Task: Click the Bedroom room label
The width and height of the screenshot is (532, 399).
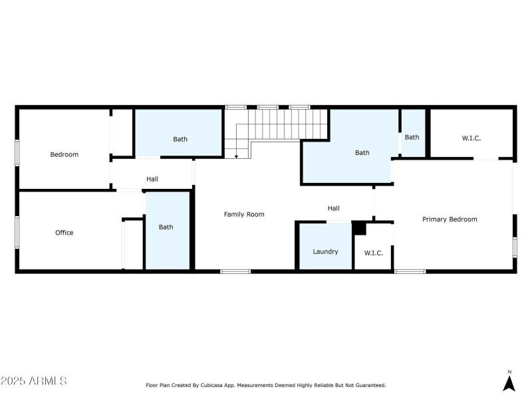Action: coord(64,155)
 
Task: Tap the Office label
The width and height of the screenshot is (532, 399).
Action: coord(64,233)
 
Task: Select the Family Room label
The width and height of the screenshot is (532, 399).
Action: coord(244,214)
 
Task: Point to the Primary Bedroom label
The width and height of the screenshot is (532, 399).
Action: coord(450,219)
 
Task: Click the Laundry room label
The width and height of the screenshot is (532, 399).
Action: coord(325,252)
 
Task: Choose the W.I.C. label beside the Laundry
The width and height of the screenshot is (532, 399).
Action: coord(374,253)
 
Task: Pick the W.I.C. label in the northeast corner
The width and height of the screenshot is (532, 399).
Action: coord(471,138)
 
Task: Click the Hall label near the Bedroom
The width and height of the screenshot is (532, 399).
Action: coord(152,179)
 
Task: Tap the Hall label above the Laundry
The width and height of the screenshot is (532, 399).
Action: coord(334,208)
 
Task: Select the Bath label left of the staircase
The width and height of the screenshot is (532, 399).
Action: coord(180,139)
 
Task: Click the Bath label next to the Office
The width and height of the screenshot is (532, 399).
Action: coord(166,227)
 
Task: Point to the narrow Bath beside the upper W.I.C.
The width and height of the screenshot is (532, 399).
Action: coord(412,138)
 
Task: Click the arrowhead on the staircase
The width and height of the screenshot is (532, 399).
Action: coord(237,156)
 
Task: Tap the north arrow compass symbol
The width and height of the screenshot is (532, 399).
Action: coord(509,384)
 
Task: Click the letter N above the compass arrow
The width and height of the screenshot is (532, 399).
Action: coord(509,372)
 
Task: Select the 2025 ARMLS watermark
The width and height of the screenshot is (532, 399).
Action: coord(34,380)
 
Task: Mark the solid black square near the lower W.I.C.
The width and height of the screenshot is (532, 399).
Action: coord(359,228)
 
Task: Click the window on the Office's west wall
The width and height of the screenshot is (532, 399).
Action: coord(17,233)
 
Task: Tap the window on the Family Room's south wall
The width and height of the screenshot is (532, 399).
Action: coord(235,271)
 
